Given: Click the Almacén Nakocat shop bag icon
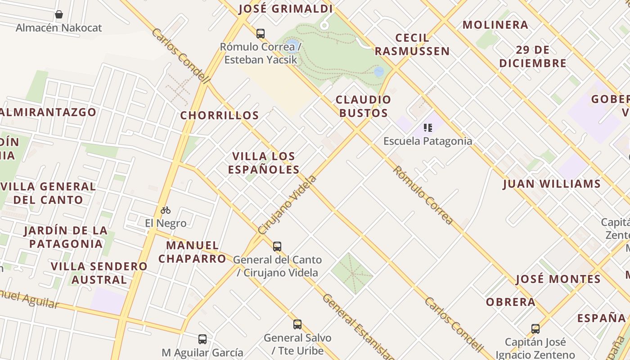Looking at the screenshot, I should (59, 15).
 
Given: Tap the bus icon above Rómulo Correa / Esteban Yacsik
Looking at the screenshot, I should (261, 33).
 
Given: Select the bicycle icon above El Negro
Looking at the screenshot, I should (166, 210).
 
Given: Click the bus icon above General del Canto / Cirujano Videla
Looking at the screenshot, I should (277, 247).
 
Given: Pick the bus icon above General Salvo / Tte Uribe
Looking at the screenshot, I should (297, 324).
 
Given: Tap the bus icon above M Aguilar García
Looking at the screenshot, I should (202, 339).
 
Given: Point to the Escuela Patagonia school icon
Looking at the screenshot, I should (427, 128).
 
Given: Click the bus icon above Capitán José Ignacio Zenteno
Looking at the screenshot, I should (535, 329).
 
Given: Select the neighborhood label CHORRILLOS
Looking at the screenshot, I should (220, 116).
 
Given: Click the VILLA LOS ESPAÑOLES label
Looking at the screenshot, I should (264, 163).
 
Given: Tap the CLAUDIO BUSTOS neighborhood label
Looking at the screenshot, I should (364, 106).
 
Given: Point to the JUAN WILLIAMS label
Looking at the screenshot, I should (552, 184).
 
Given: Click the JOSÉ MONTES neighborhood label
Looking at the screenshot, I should (558, 279).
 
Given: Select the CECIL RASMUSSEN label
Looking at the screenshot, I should (412, 45).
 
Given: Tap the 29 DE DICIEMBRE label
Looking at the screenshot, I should (533, 56).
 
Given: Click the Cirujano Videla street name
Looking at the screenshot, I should (288, 205).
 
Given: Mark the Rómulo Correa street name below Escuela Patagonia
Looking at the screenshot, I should (423, 195).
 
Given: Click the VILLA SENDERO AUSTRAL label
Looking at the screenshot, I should (99, 273).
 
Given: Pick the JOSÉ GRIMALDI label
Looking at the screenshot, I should (286, 9).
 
